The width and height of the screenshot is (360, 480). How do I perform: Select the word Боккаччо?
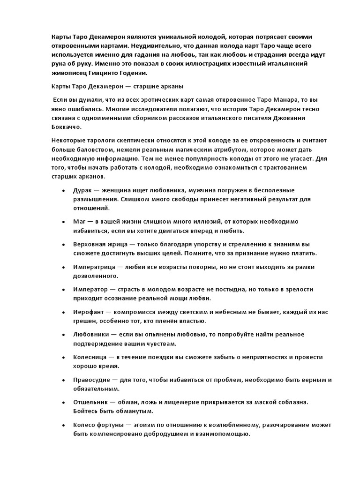pyautogui.click(x=66, y=127)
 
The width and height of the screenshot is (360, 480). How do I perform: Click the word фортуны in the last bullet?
pyautogui.click(x=112, y=425)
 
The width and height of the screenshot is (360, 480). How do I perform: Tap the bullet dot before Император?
pyautogui.click(x=63, y=290)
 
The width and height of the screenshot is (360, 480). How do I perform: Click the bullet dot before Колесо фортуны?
pyautogui.click(x=63, y=425)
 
